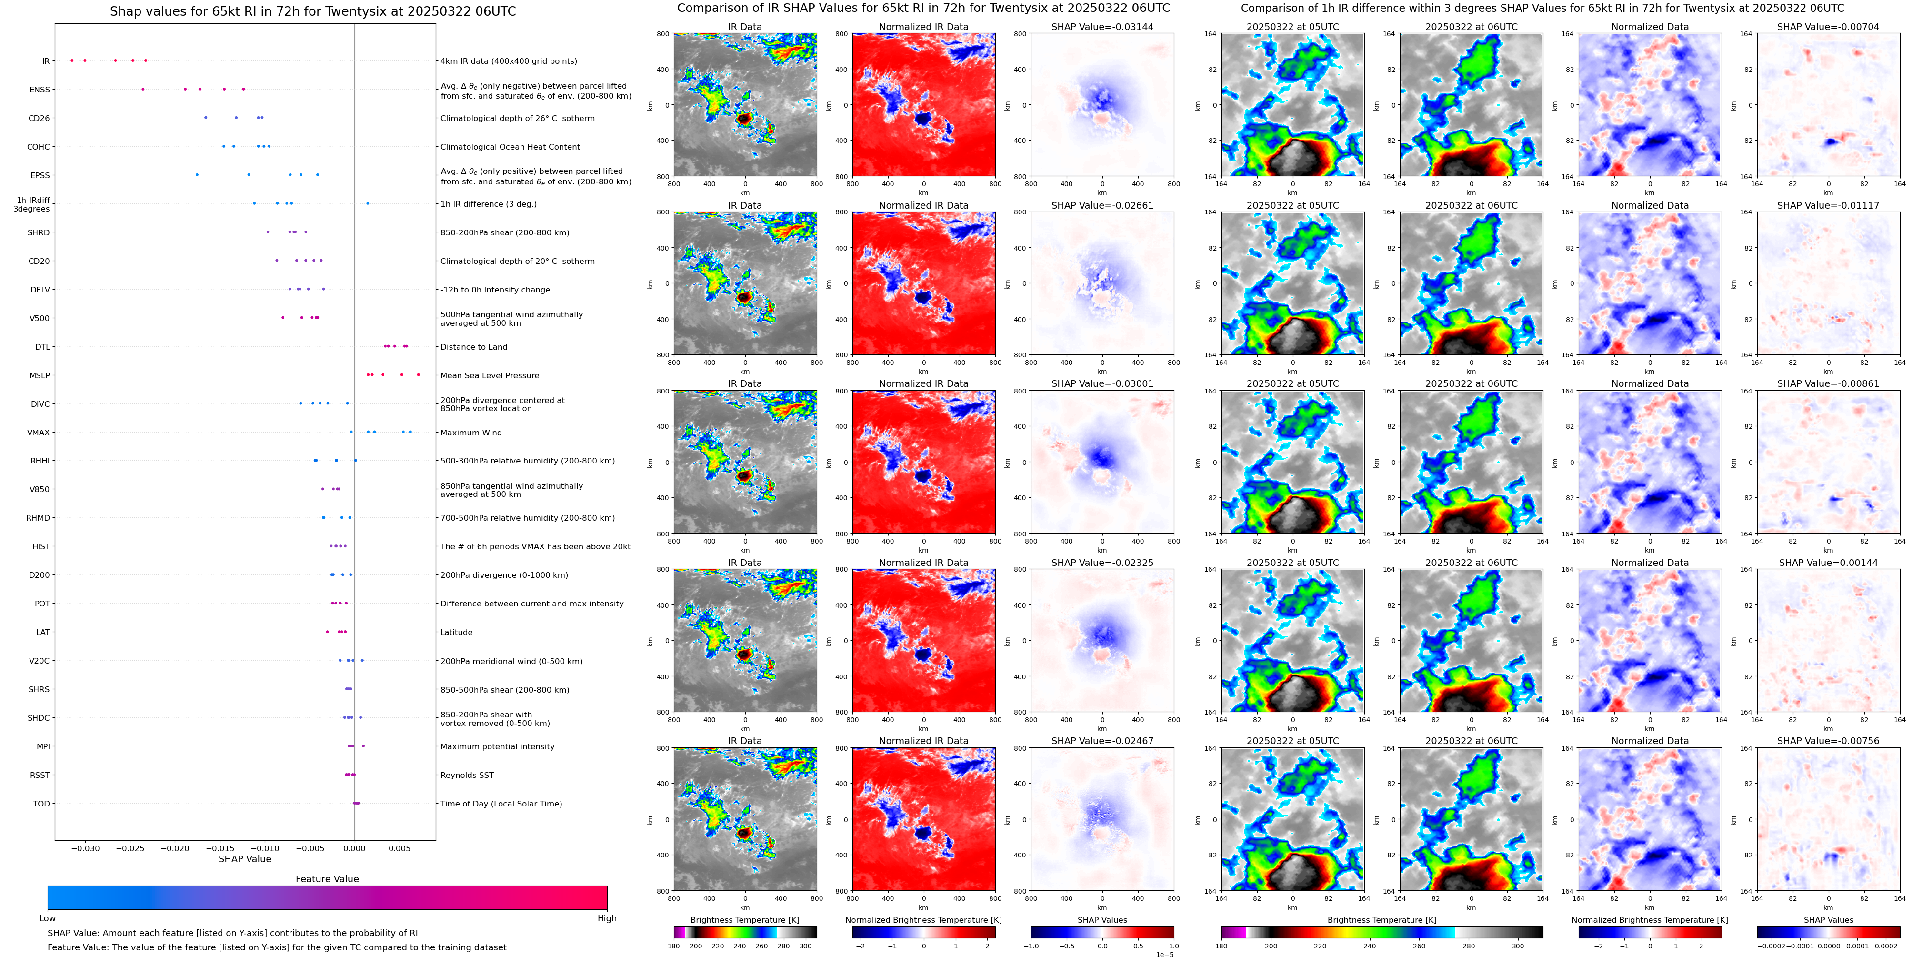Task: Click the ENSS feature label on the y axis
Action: [x=40, y=90]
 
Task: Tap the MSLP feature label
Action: [x=40, y=376]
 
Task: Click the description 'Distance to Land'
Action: [x=473, y=347]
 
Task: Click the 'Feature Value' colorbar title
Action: [x=327, y=879]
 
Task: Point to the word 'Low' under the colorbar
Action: [x=48, y=918]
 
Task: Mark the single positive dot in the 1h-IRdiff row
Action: [x=368, y=203]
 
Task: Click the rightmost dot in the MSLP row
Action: [x=419, y=375]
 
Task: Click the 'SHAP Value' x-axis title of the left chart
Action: [x=244, y=859]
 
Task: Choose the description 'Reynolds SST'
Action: [x=466, y=775]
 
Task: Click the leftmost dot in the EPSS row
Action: [x=197, y=175]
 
